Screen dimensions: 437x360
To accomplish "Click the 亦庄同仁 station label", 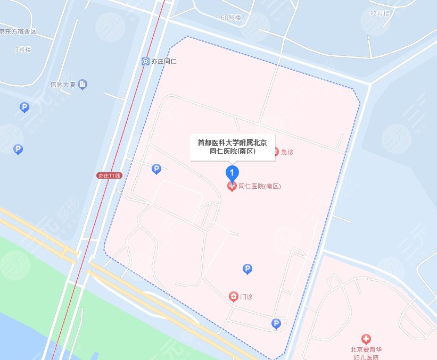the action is point(164,62).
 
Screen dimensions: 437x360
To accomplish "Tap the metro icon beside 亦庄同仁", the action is point(145,62).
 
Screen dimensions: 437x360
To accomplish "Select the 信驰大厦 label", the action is point(63,84).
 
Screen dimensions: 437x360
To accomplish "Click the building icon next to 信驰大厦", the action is point(82,84).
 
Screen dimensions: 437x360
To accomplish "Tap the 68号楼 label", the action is point(231,18).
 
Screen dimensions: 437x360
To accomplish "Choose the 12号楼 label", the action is point(380,12).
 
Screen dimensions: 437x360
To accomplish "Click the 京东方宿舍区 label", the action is point(18,31).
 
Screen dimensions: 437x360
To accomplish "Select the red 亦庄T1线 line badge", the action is point(110,175).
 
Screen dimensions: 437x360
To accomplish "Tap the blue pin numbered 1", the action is point(232,173).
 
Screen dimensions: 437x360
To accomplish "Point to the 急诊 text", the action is point(287,152).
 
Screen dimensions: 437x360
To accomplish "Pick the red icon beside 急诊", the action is point(275,152).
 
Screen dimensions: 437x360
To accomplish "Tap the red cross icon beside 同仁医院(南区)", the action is point(232,186).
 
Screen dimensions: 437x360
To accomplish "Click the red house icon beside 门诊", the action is point(233,296).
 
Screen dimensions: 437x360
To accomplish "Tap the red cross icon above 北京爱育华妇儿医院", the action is point(366,339).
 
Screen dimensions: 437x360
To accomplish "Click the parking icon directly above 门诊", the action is point(247,269).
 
